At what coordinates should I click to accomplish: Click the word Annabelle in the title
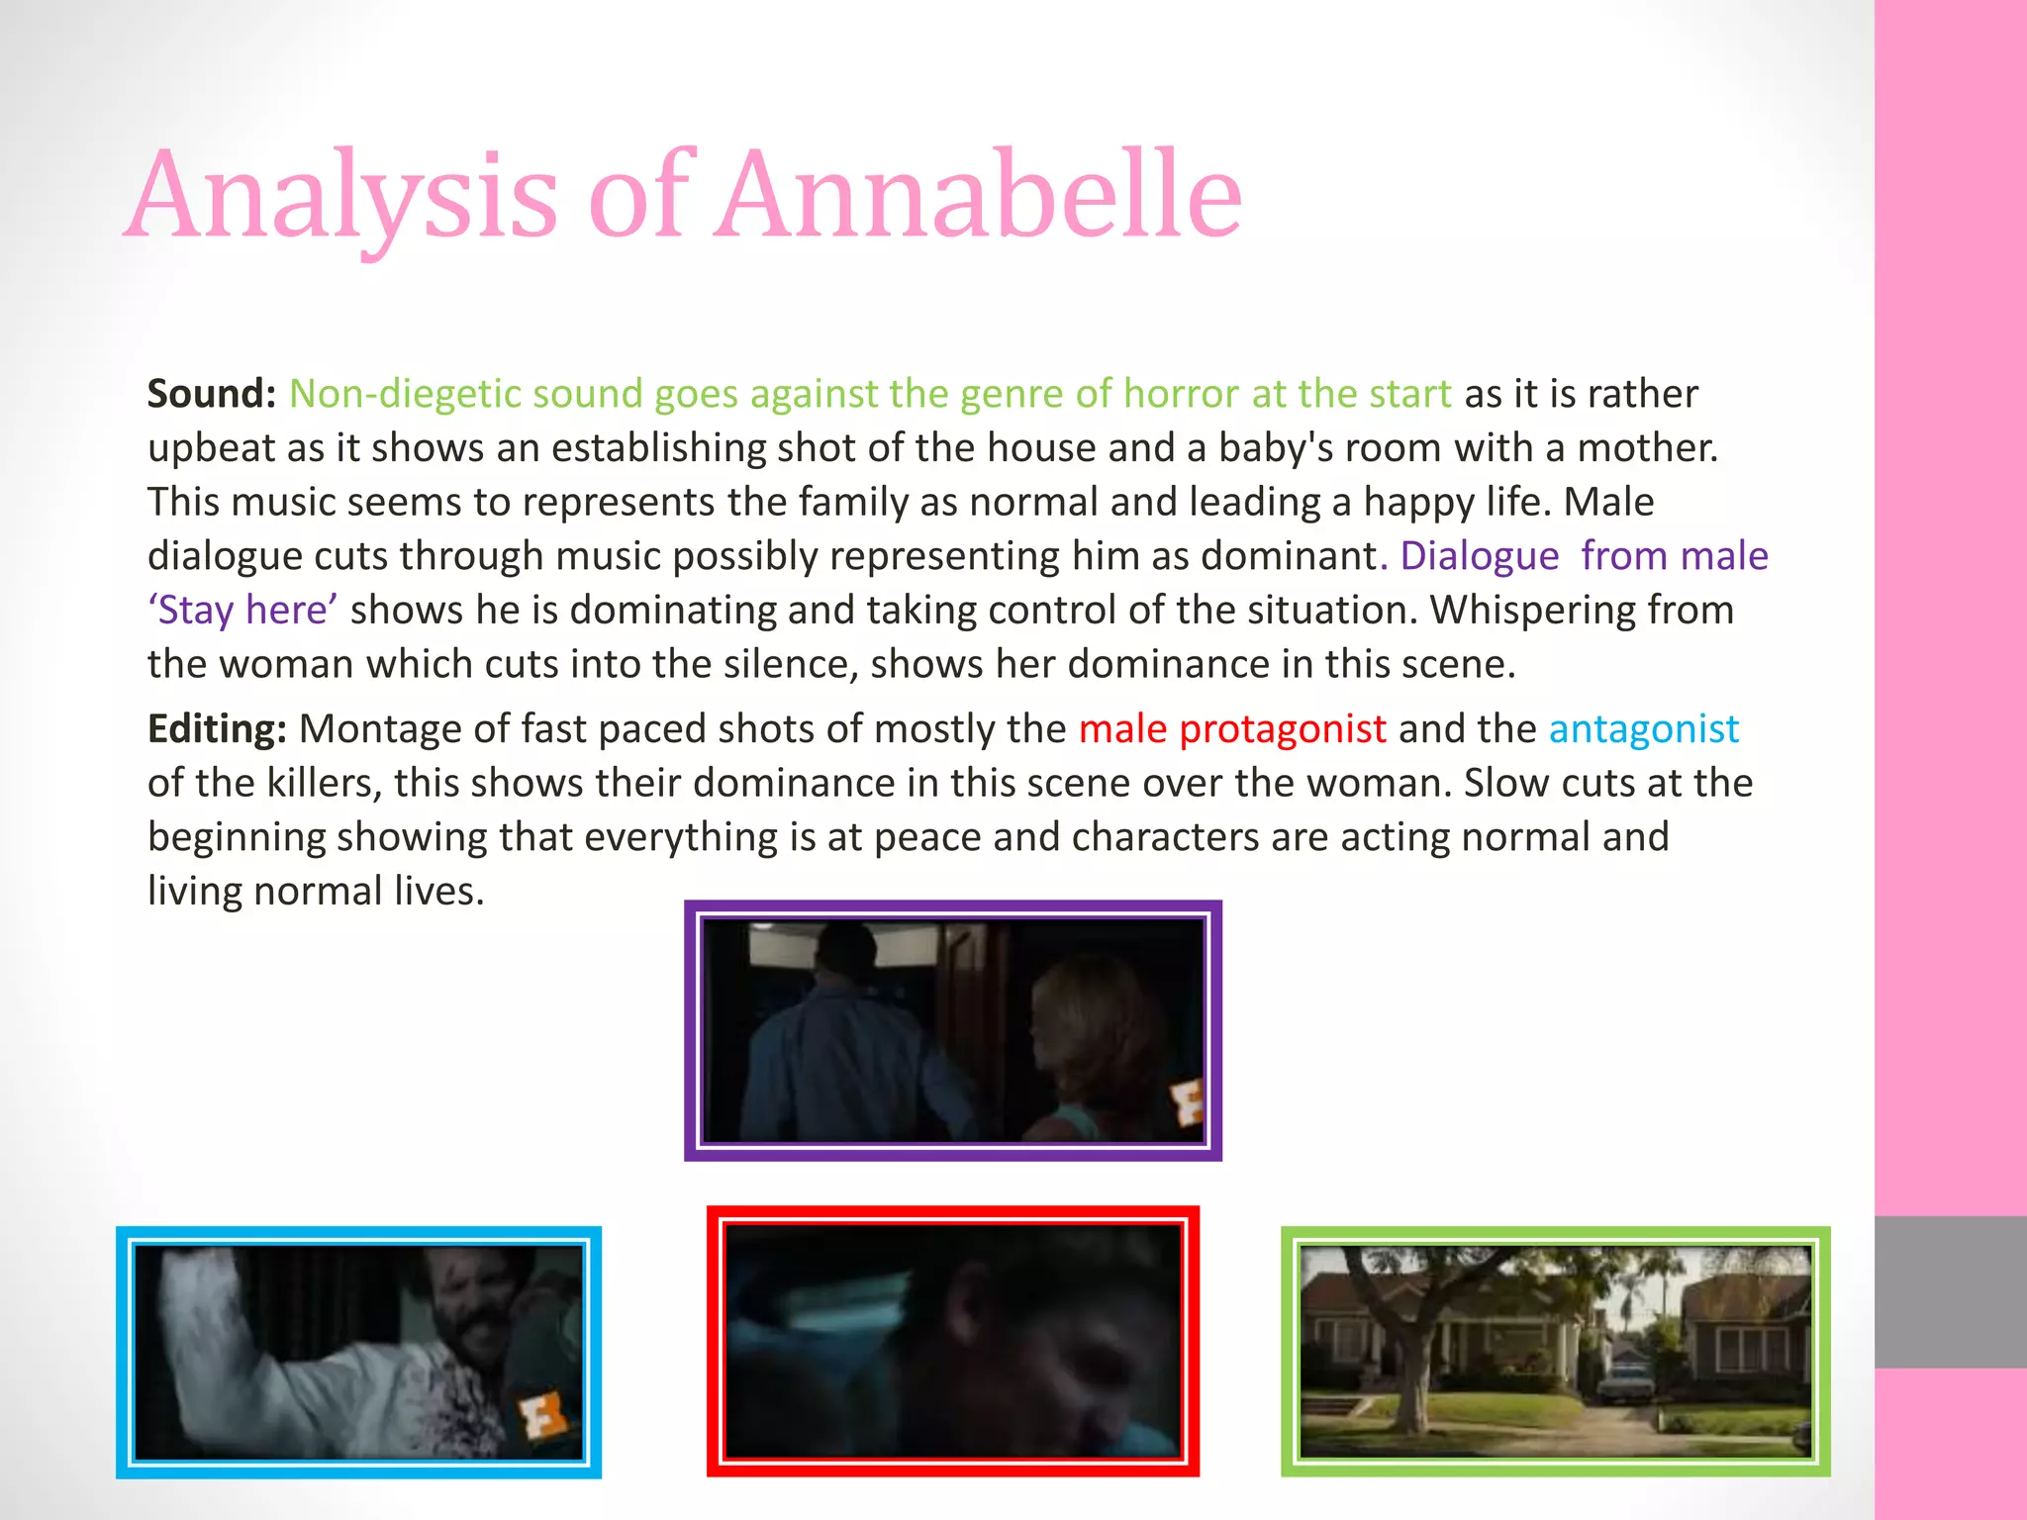(980, 195)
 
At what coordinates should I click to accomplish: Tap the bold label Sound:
(211, 394)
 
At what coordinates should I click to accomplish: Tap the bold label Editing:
(217, 729)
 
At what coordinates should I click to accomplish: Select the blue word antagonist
(1643, 729)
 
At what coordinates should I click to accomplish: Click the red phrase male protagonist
(1232, 729)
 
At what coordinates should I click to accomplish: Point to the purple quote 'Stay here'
(242, 611)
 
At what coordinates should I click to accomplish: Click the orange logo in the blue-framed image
(542, 1414)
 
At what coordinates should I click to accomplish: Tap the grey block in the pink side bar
(1950, 1291)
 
